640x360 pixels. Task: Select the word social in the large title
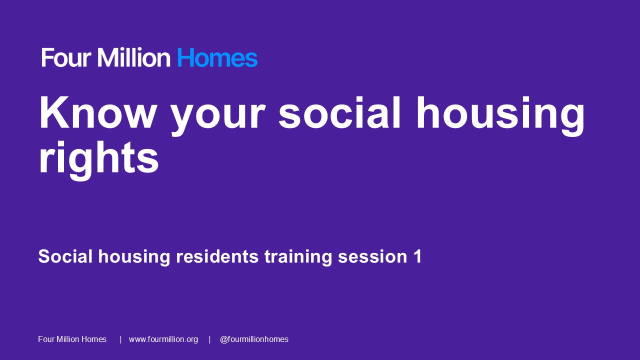point(340,113)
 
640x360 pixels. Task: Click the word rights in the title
point(98,159)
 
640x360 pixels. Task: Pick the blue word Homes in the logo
point(217,58)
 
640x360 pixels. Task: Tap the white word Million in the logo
point(134,58)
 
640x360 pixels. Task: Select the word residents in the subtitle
point(217,256)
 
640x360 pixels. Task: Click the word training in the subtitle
point(298,257)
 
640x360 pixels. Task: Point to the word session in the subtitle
point(373,256)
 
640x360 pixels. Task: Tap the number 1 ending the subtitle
point(417,256)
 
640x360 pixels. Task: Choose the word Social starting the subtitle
point(65,256)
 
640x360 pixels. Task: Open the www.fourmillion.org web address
point(163,339)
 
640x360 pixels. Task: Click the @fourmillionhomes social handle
point(254,339)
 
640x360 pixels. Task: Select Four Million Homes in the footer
point(72,339)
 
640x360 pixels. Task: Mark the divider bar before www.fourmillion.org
point(120,339)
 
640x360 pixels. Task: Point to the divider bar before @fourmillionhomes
point(209,339)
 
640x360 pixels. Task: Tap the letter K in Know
point(51,113)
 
